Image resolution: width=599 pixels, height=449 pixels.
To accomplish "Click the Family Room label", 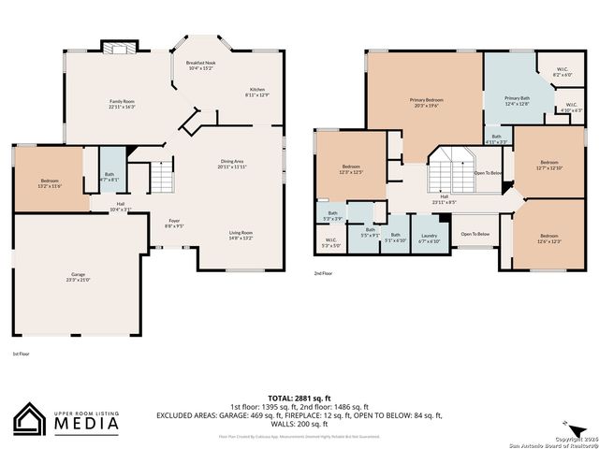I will (x=123, y=104).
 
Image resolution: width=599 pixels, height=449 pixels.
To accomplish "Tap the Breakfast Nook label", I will (x=200, y=65).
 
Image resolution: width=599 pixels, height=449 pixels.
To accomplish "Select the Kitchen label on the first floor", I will (x=257, y=92).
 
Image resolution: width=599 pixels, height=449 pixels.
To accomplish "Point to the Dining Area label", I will (x=233, y=164).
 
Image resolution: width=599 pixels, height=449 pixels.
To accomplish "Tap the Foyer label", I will (x=174, y=223).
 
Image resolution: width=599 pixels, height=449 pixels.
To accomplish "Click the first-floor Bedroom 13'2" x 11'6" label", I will (x=50, y=183).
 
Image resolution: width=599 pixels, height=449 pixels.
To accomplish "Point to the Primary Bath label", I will (x=518, y=101).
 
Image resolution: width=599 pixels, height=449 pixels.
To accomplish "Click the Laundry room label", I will (x=429, y=238).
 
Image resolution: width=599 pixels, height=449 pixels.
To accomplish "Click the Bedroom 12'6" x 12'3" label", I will (x=548, y=239).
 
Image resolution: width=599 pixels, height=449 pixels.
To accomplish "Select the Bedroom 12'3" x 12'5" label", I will (x=350, y=169).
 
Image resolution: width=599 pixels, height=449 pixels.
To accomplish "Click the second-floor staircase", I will (x=450, y=171).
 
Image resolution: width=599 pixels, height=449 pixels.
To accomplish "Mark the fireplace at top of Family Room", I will (x=119, y=49).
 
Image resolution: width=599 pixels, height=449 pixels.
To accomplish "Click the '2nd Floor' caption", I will (x=324, y=274).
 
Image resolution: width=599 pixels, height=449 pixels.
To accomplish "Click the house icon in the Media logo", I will (x=31, y=419).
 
